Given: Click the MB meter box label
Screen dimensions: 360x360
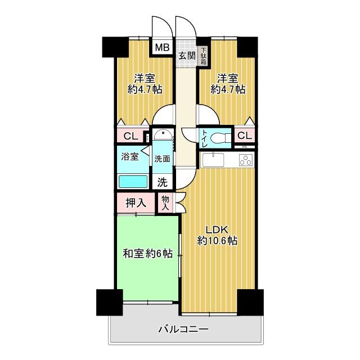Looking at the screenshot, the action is click(x=163, y=47).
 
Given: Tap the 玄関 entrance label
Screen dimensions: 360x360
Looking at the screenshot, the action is click(x=187, y=56).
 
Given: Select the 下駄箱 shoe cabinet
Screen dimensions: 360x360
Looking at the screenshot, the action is click(x=204, y=56).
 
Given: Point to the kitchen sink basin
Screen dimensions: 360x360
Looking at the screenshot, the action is click(x=213, y=159).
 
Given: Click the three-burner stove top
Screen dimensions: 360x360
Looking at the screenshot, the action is click(x=246, y=160).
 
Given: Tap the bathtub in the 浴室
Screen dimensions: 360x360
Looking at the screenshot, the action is click(x=133, y=182).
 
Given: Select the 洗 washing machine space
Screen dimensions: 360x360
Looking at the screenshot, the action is click(x=163, y=182).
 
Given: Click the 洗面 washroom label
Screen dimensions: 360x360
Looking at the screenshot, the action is click(x=162, y=159).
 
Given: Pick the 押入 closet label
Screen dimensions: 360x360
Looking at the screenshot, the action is click(x=136, y=203).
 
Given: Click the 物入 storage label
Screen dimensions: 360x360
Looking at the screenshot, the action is click(x=165, y=203).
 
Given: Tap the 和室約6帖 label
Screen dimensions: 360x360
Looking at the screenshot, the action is click(x=147, y=254).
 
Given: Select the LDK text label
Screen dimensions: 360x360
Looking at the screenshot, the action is click(x=217, y=229).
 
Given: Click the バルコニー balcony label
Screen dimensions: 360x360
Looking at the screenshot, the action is click(x=184, y=330).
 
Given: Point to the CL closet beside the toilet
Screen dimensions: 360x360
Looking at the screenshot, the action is click(x=245, y=136).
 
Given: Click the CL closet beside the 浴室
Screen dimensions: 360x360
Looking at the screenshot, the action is click(x=131, y=136).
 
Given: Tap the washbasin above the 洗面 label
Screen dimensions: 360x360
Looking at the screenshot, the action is click(x=163, y=134).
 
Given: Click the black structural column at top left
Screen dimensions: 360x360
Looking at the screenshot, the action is click(x=115, y=47).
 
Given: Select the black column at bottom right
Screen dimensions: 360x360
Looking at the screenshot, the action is click(x=250, y=302).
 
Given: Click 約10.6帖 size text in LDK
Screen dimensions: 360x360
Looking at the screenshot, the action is click(x=217, y=241).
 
